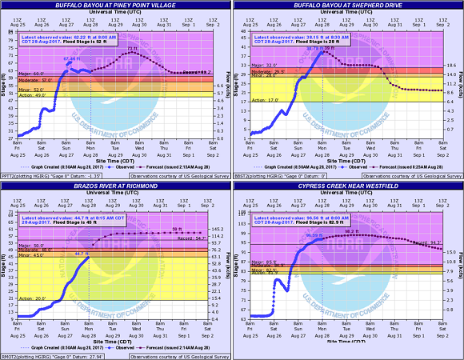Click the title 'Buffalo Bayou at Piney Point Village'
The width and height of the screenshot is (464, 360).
[x=115, y=6]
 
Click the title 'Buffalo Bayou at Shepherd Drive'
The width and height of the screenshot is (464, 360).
[x=347, y=6]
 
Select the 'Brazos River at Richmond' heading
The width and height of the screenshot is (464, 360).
[x=115, y=186]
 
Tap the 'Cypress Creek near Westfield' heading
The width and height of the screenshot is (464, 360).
[x=347, y=186]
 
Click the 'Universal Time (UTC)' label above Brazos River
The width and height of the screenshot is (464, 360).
[x=115, y=193]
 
